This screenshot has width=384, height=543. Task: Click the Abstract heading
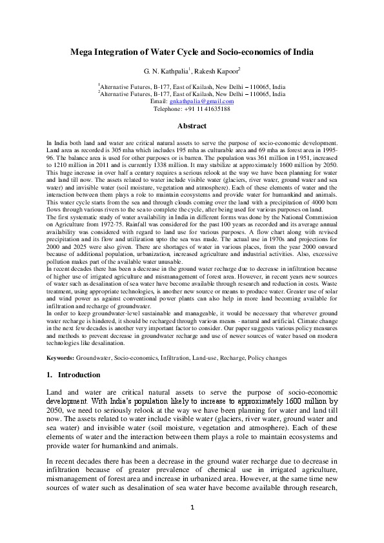point(192,126)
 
